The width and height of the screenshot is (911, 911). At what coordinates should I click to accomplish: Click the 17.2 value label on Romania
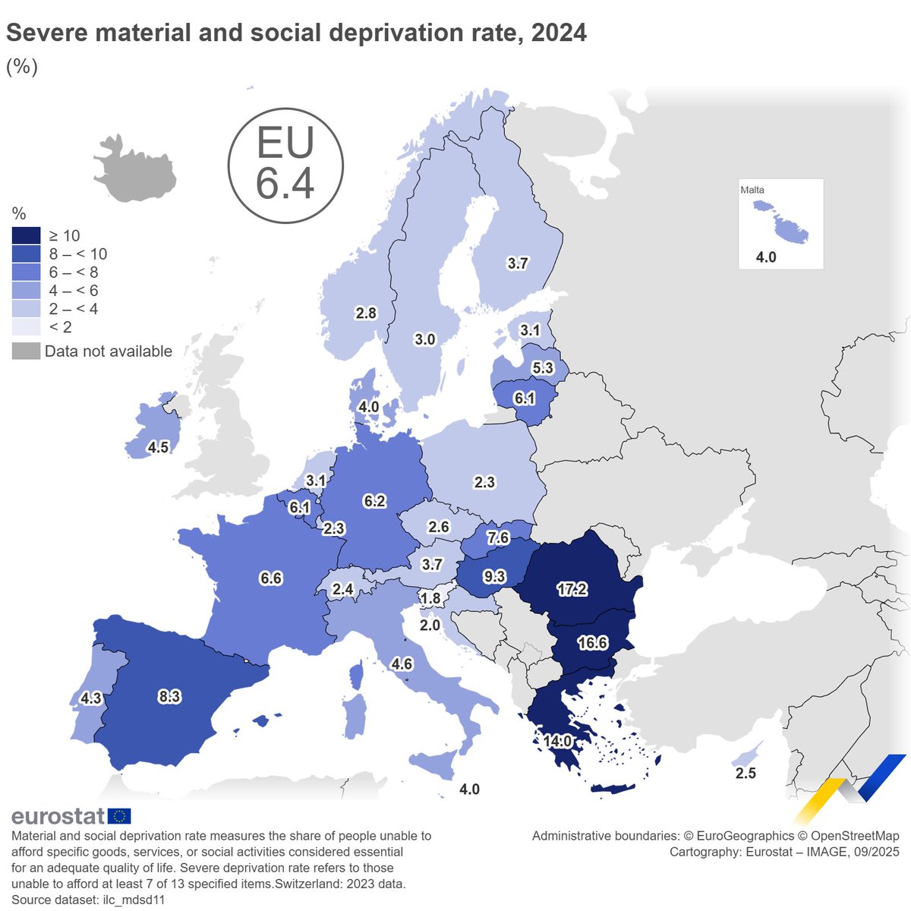[572, 588]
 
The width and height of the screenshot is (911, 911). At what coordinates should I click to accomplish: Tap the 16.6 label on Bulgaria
[592, 643]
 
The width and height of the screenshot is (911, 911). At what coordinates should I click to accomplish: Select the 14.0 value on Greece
[556, 741]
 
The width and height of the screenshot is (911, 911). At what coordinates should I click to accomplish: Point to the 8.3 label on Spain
[169, 696]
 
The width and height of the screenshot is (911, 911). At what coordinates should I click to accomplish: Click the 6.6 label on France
[271, 578]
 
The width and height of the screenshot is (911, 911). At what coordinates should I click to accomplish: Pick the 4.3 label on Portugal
[91, 698]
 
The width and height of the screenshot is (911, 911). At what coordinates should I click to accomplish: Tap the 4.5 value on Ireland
[158, 447]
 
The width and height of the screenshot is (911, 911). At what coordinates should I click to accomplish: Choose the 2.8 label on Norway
[366, 313]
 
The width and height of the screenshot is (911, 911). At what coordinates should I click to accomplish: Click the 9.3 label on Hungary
[494, 577]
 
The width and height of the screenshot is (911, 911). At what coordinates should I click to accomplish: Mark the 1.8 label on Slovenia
[430, 599]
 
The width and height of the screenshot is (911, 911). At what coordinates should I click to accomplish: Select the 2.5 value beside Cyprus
[746, 774]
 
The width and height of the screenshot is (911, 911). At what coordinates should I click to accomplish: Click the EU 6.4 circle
[285, 165]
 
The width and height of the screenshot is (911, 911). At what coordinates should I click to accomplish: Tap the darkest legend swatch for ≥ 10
[26, 235]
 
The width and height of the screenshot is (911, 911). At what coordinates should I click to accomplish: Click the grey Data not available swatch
[26, 351]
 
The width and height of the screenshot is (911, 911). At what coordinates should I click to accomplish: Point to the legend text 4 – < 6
[73, 290]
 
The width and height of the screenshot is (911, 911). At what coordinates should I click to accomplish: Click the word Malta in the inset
[752, 190]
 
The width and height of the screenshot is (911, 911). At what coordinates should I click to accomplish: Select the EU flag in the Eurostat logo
[119, 816]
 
